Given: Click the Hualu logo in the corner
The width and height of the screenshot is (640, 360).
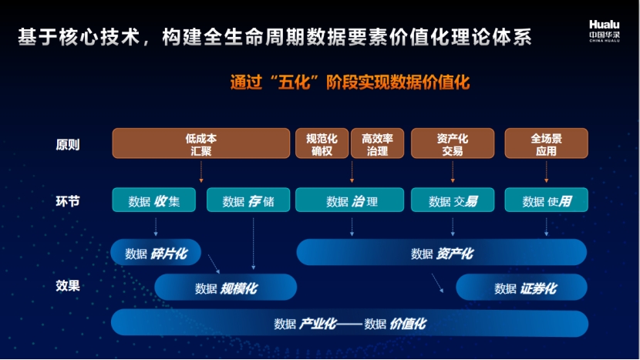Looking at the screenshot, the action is coord(605,31).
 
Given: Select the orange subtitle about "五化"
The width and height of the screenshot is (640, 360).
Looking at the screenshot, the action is coord(350,82).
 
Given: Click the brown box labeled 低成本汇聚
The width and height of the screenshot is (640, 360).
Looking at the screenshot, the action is coord(200,143).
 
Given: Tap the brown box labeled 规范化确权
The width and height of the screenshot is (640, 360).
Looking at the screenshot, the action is coord(322,143).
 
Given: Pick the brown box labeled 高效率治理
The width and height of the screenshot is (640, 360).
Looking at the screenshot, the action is coord(377,143).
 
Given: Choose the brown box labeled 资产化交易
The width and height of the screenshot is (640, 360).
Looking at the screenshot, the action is coord(453,143).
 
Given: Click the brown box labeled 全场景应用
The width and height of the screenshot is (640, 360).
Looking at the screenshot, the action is coord(546,143).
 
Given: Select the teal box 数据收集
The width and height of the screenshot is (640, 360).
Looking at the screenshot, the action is coord(154,200).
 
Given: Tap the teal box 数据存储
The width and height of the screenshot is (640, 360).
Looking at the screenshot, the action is coord(248,200).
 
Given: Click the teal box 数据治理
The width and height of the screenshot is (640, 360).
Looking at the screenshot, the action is coord(349,200).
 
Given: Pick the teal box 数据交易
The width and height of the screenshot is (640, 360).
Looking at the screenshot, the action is coord(453,200).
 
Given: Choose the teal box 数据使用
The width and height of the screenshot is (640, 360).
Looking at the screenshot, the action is coord(546,200).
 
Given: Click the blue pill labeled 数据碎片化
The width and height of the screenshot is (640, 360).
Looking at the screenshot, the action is coord(156,252).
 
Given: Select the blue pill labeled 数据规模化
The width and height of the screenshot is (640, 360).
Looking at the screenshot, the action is coord(225,288).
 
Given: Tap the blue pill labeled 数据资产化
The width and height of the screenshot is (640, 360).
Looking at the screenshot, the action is coord(442,252).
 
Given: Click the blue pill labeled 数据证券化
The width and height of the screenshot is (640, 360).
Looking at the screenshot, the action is coord(521,288).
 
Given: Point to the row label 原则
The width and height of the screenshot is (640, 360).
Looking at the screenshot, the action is coord(68,144).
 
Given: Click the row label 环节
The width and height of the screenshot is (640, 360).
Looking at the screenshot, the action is coord(68,201).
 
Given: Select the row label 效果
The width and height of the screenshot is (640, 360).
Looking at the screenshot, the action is coord(68,285).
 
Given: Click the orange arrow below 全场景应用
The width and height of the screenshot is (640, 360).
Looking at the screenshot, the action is coord(546,171).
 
